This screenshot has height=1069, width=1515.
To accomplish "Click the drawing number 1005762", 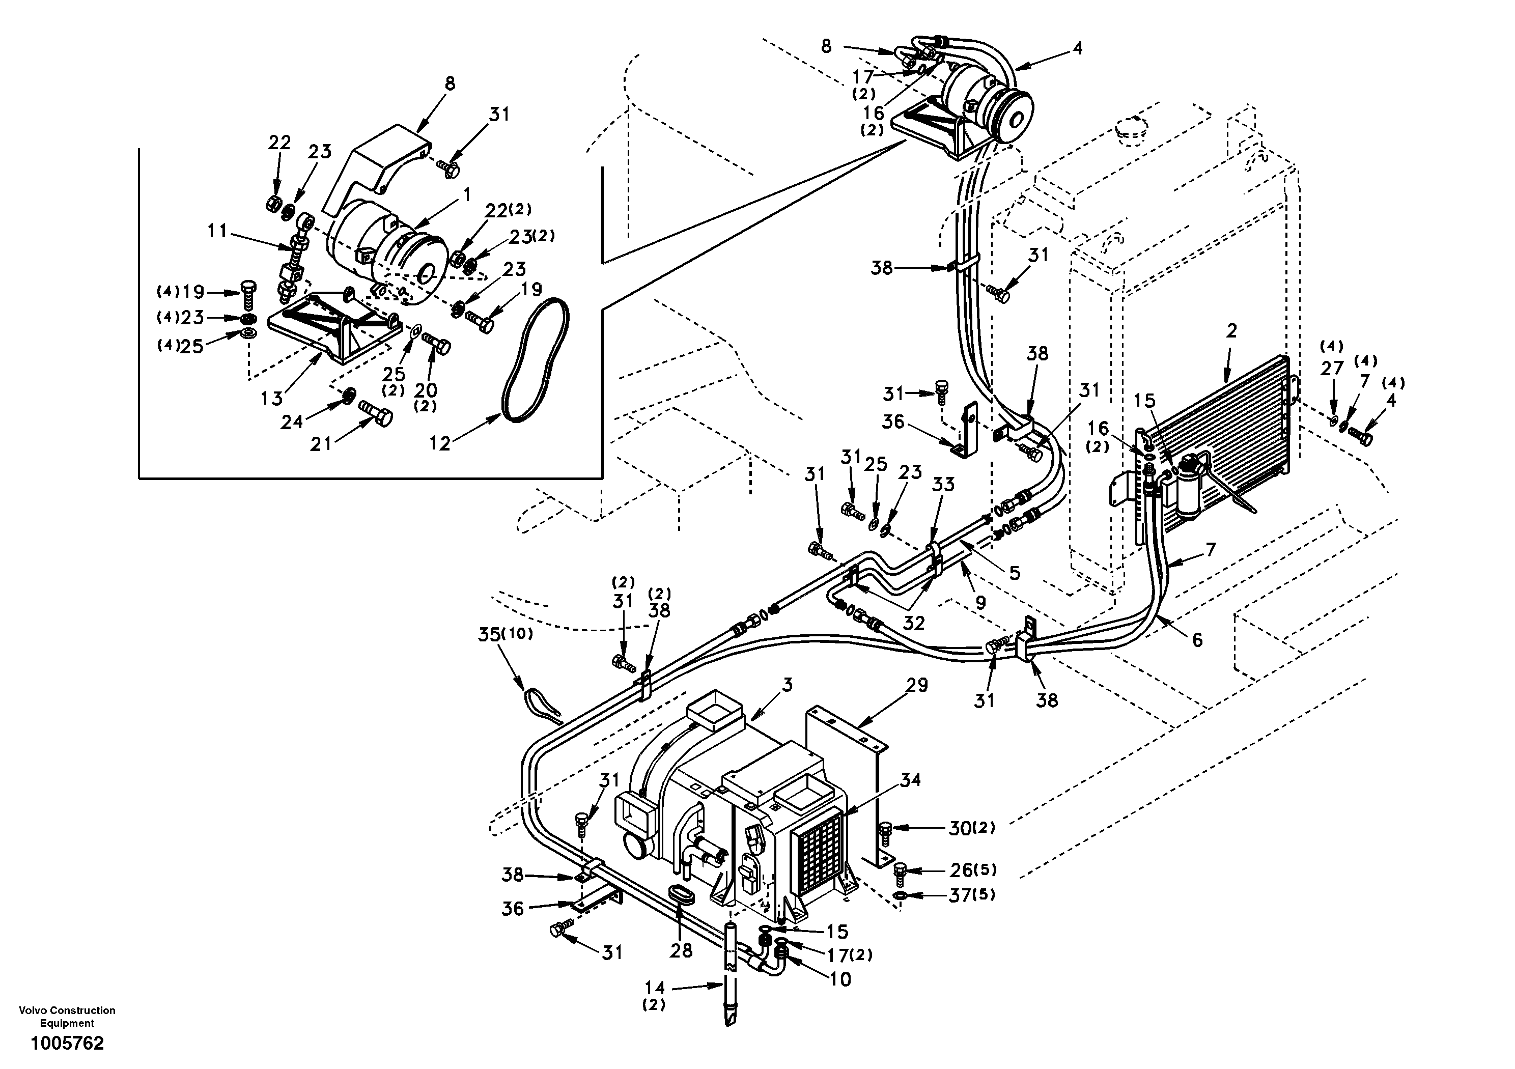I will pyautogui.click(x=67, y=1043).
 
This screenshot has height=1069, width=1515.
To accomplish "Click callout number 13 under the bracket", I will pyautogui.click(x=271, y=398).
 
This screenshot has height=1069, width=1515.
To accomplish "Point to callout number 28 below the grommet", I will pyautogui.click(x=681, y=950).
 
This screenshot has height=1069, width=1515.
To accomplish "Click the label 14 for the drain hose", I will pyautogui.click(x=654, y=988).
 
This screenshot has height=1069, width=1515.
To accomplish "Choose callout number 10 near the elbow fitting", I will pyautogui.click(x=840, y=979).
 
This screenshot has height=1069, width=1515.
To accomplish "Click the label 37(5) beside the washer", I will pyautogui.click(x=972, y=895).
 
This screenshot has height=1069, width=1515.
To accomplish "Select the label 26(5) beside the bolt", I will pyautogui.click(x=972, y=870).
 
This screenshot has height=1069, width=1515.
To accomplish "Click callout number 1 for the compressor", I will pyautogui.click(x=466, y=194).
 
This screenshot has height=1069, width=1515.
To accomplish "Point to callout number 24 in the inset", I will pyautogui.click(x=292, y=420).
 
